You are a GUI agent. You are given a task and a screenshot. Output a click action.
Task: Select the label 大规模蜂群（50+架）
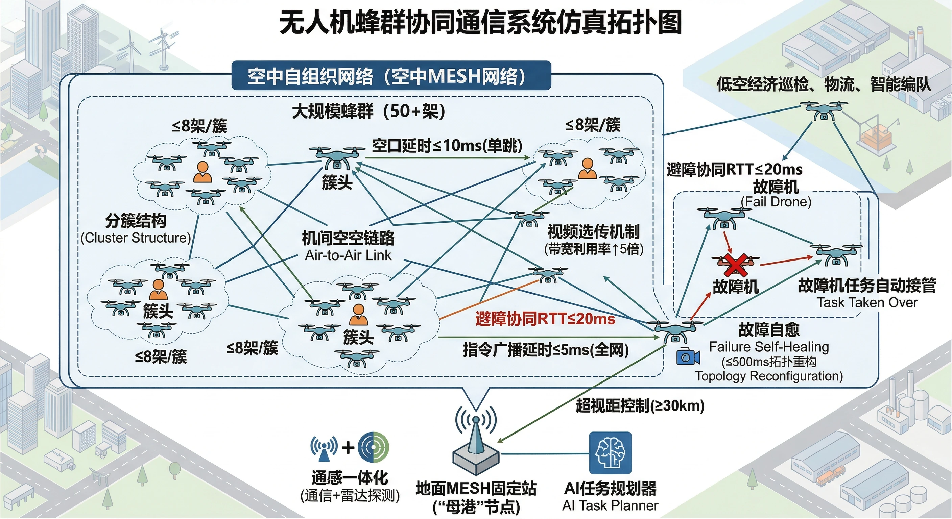coord(368,111)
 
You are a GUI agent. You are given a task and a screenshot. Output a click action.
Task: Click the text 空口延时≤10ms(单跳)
coord(447,146)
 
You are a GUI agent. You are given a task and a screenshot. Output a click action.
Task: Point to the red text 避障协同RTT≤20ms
coord(545,319)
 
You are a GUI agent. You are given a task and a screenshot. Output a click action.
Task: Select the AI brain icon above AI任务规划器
coord(610,452)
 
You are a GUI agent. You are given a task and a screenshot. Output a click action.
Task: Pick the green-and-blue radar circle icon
coord(374,447)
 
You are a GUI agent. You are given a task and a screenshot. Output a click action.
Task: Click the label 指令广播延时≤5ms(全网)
coord(546,349)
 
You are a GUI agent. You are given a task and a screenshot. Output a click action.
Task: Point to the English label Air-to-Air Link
coord(348,255)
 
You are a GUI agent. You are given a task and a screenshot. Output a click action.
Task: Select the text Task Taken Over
coord(867,302)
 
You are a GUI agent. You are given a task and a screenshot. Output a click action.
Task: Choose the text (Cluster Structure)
coord(136,238)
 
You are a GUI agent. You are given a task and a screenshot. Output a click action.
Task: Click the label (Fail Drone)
coord(776,202)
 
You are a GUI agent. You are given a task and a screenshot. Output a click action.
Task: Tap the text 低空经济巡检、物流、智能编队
coord(824,84)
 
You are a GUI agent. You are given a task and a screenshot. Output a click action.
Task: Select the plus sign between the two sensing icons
coord(348,448)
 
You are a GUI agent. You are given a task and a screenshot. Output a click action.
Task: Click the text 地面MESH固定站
coord(476,488)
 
